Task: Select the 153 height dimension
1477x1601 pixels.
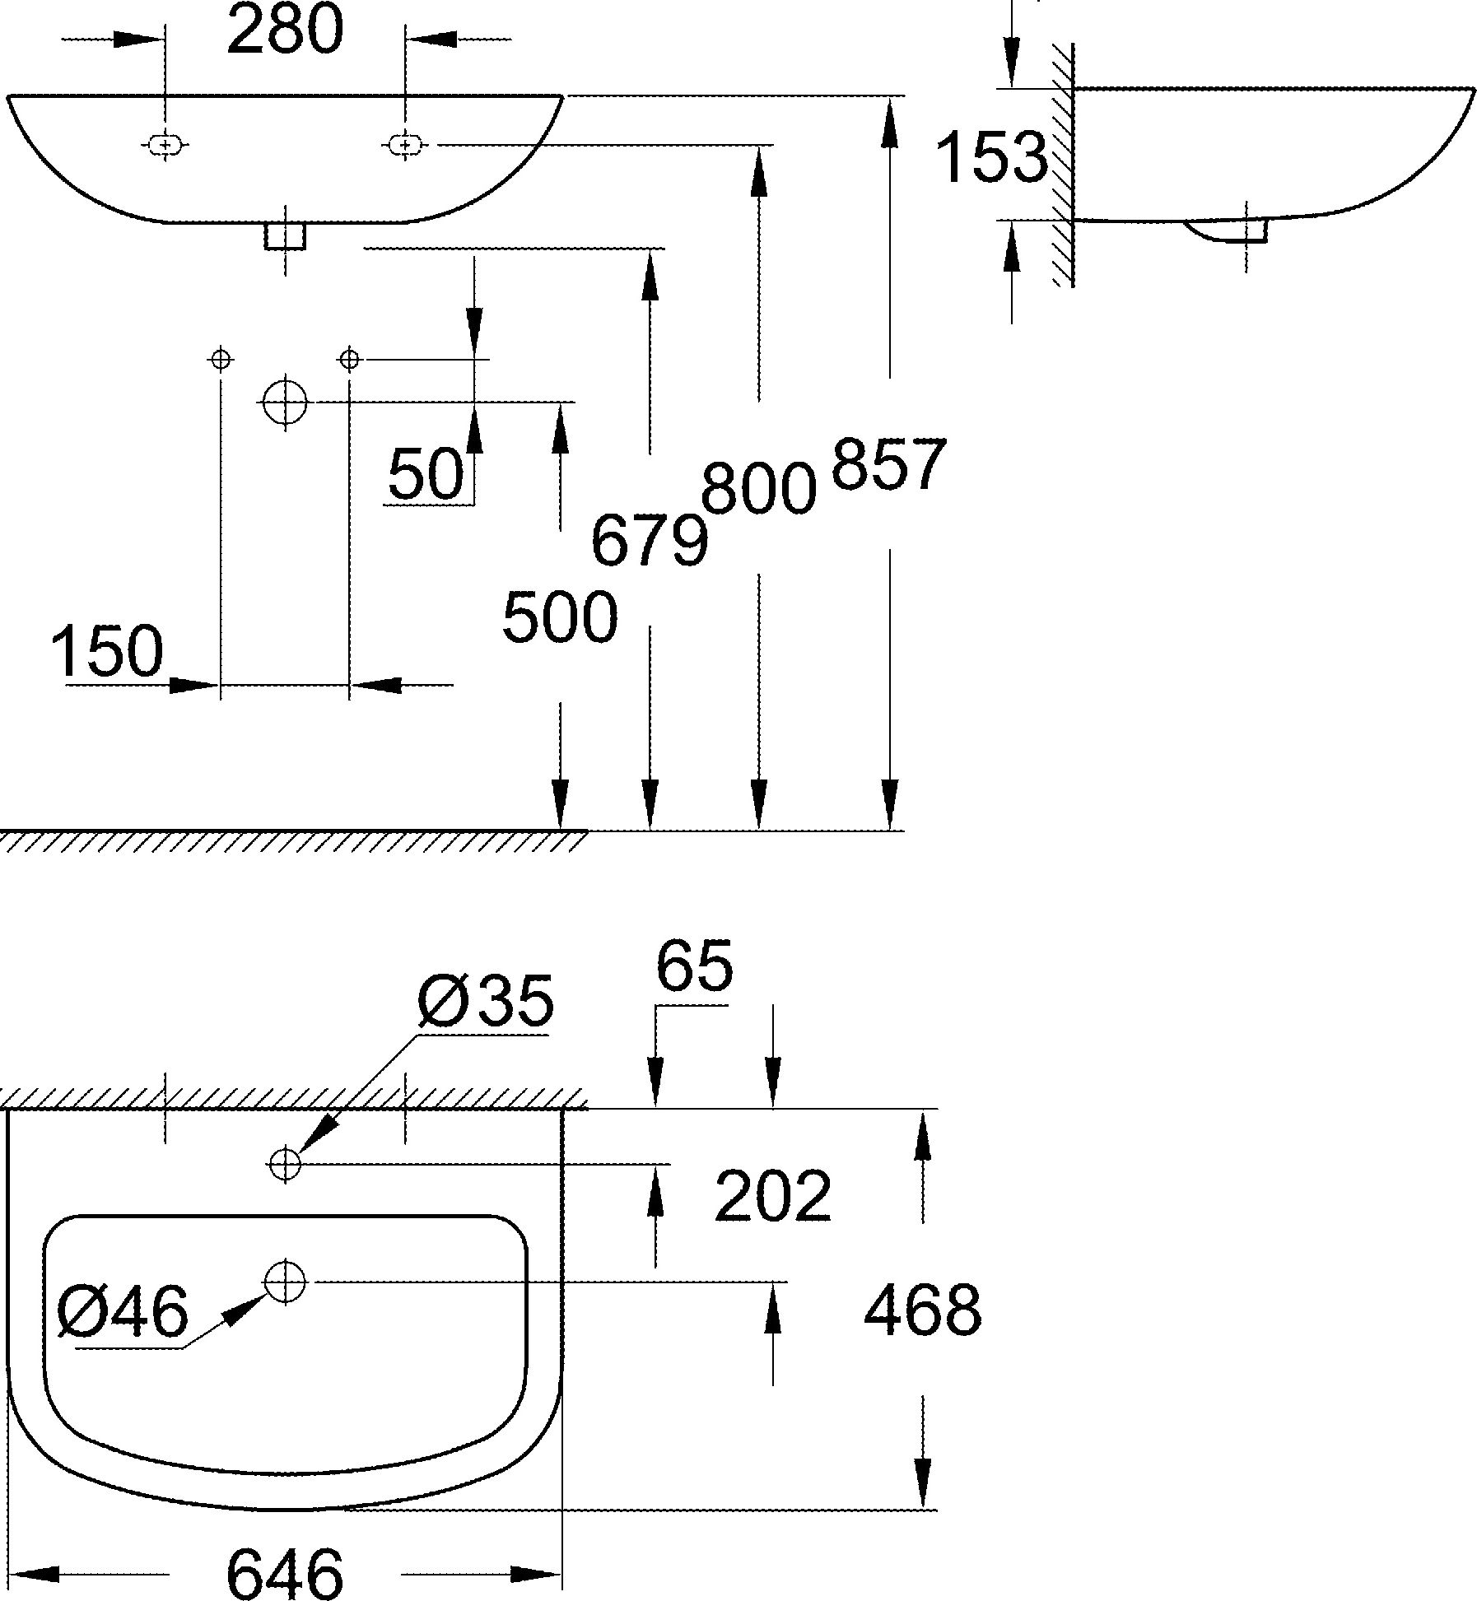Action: coord(991,156)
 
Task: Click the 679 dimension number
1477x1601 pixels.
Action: coord(650,541)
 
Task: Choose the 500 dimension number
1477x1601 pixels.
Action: coord(560,617)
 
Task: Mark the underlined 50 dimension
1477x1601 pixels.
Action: coord(426,475)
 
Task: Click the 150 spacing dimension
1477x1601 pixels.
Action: coord(108,650)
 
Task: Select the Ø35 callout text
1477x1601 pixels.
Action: coord(486,1002)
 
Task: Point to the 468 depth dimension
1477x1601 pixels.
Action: coord(922,1310)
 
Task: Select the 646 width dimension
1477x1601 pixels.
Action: coord(284,1573)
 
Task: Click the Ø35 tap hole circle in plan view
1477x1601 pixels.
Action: coord(285,1164)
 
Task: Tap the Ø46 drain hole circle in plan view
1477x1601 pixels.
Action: coord(285,1282)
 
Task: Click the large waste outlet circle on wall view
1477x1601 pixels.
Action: coord(285,403)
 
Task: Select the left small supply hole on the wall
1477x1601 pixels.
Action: coord(221,360)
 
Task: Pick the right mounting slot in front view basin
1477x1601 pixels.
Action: coord(404,146)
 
